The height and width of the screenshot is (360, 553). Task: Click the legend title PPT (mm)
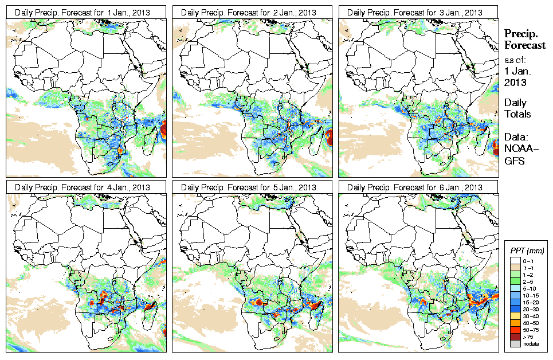[527, 251]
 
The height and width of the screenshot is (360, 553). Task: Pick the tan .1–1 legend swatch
[515, 267]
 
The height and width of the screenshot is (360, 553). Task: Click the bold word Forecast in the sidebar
[524, 46]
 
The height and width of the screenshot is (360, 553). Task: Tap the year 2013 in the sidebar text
[515, 82]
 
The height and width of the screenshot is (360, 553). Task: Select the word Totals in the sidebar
[517, 114]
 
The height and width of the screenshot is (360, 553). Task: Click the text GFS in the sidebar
[516, 162]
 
